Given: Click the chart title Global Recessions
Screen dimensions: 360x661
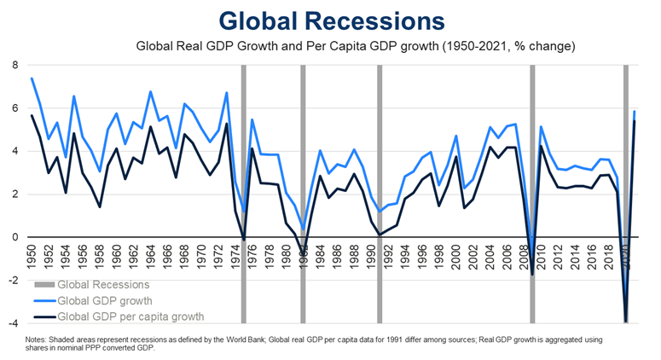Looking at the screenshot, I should click(331, 20).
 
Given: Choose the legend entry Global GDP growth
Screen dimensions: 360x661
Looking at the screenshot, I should click(104, 300).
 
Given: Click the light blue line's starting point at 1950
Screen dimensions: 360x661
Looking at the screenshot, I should click(32, 78).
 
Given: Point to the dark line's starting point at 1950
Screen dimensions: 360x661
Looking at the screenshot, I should click(32, 115).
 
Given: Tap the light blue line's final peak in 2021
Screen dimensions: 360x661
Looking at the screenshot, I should click(635, 112).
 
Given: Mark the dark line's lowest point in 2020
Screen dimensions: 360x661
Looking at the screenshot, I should click(626, 322).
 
